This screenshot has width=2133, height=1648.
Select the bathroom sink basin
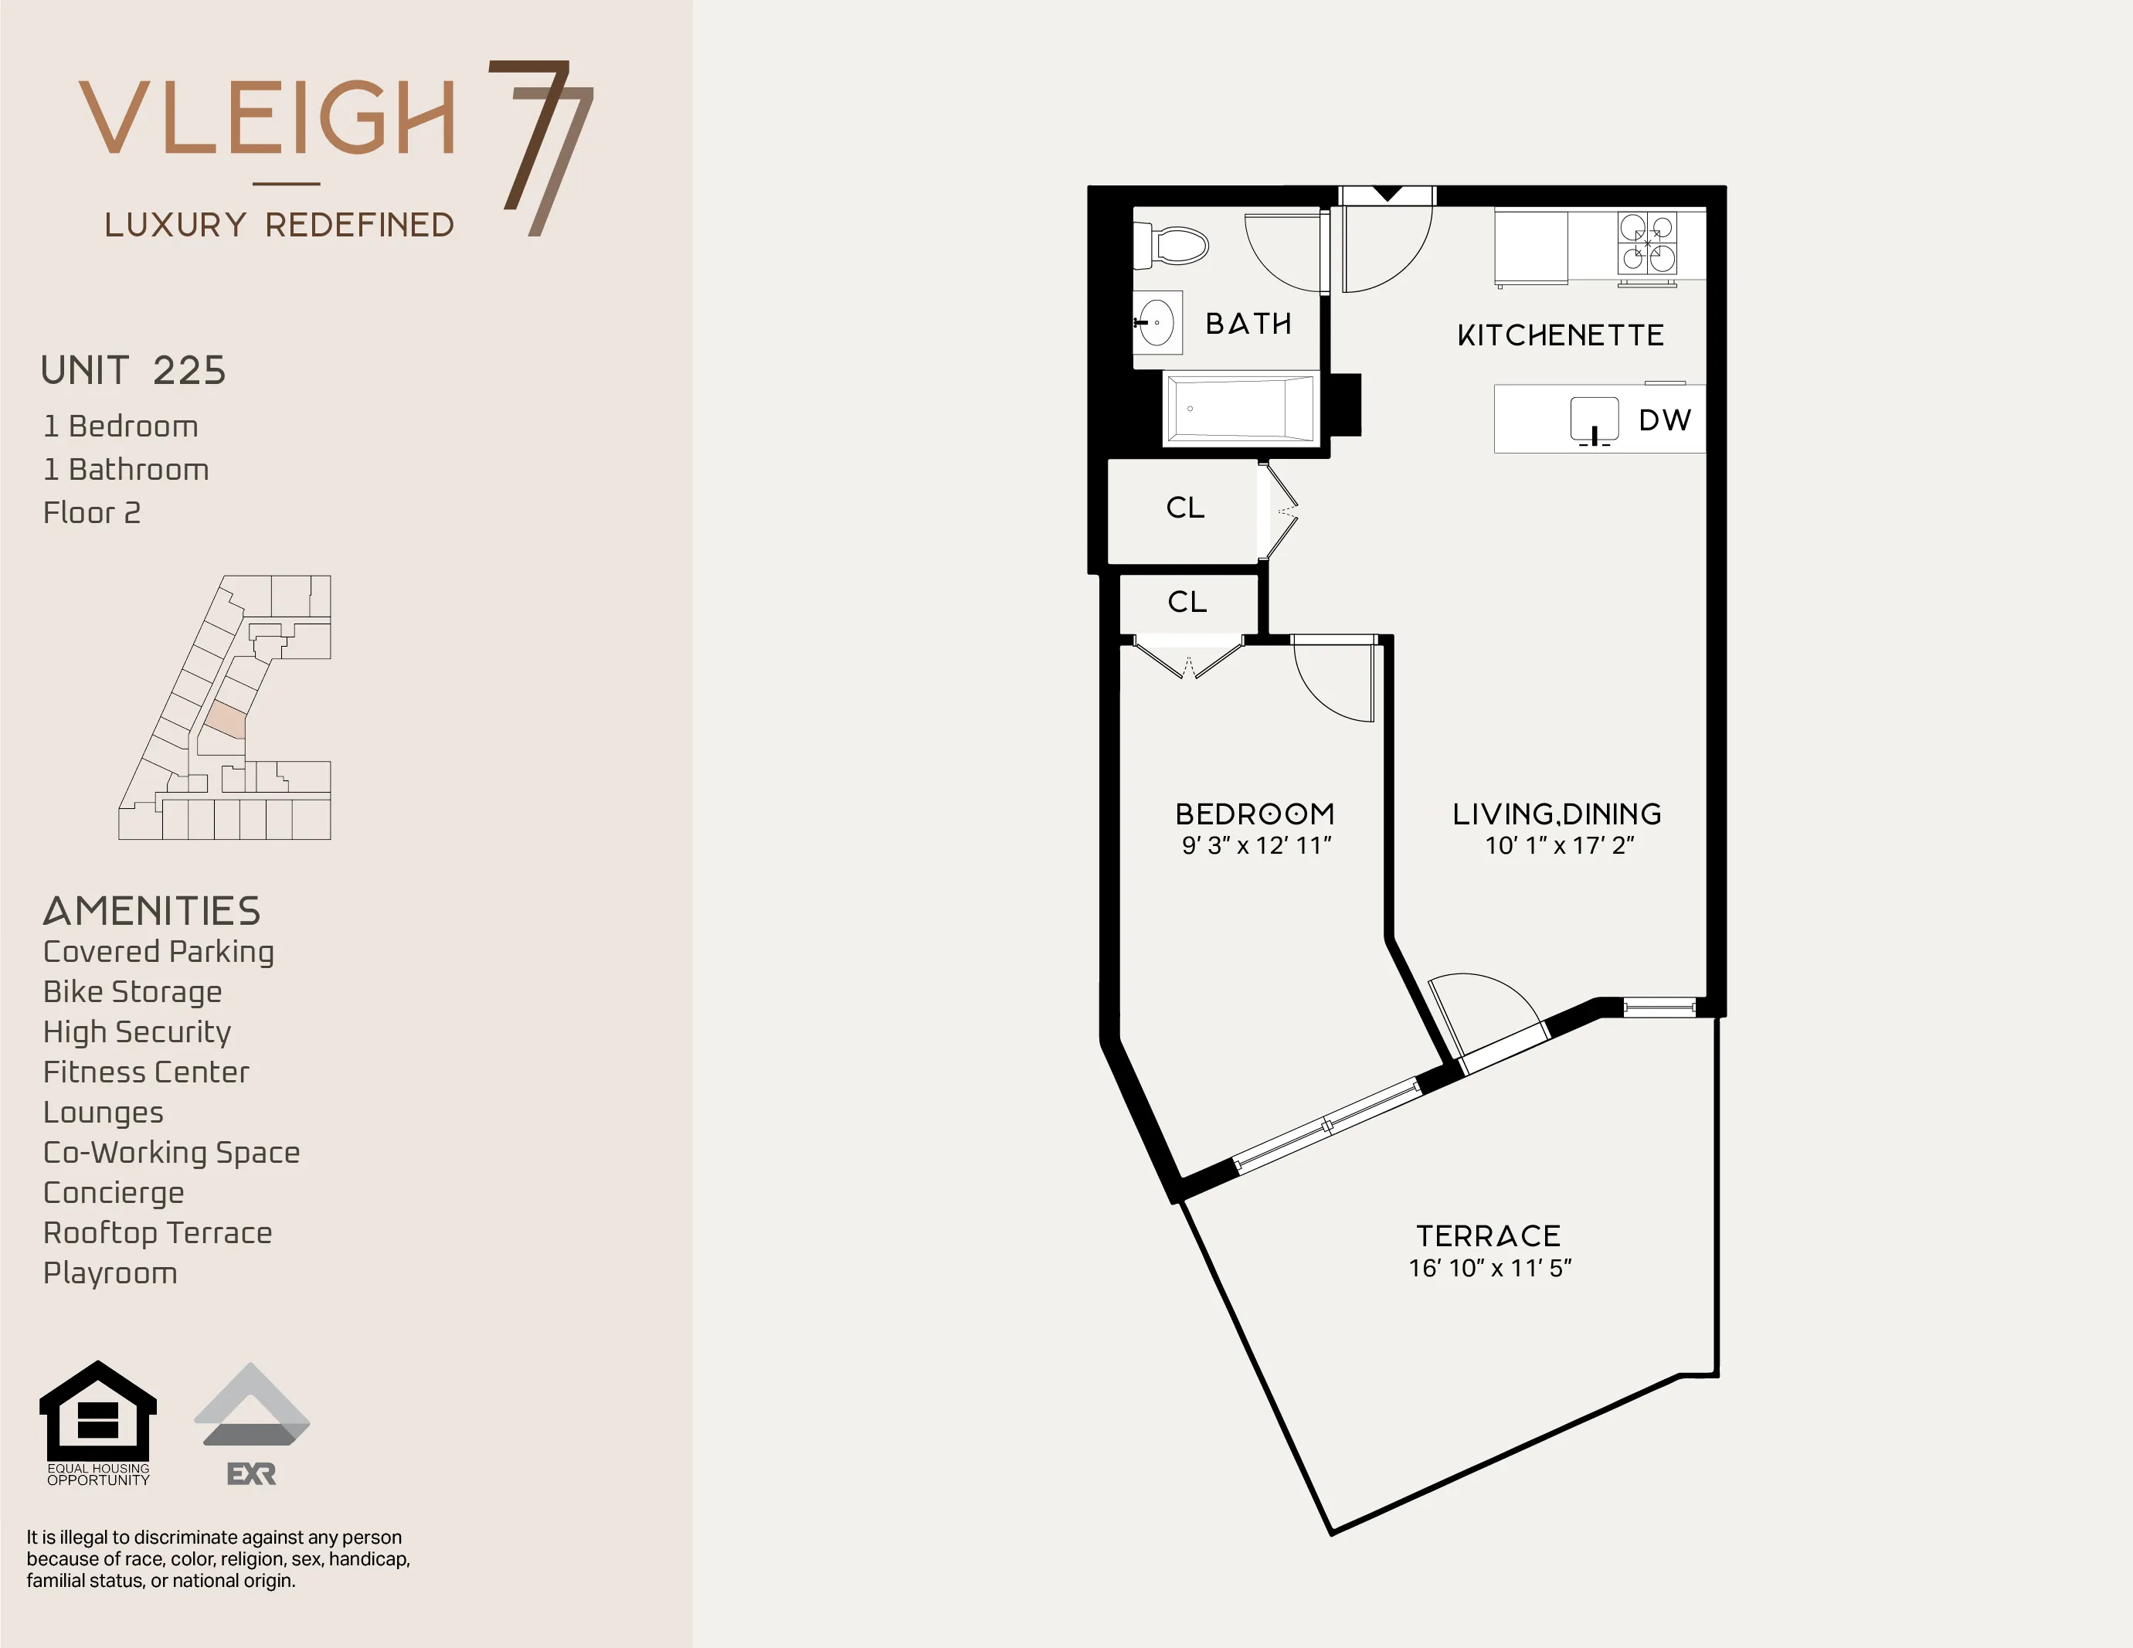tap(1157, 321)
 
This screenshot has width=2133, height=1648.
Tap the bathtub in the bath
tap(1241, 409)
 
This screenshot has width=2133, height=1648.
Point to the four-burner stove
tap(1648, 243)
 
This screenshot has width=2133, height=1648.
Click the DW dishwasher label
tap(1664, 420)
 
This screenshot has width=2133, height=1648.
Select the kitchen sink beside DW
tap(1594, 419)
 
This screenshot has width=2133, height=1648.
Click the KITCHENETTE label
tap(1560, 336)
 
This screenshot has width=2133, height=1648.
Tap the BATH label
tap(1248, 324)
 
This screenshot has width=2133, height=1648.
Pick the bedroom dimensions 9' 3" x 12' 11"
tap(1256, 846)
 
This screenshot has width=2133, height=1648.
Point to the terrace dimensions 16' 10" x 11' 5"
tap(1489, 1268)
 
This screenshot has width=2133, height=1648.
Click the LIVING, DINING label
tap(1557, 814)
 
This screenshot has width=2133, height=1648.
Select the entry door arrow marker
tap(1387, 195)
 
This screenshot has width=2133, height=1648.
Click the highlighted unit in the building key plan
tap(226, 720)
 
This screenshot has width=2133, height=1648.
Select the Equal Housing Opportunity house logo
tap(97, 1412)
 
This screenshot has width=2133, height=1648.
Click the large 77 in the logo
tap(543, 147)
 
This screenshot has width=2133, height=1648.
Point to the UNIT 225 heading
tap(134, 371)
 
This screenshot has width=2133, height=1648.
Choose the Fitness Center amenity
tap(147, 1072)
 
